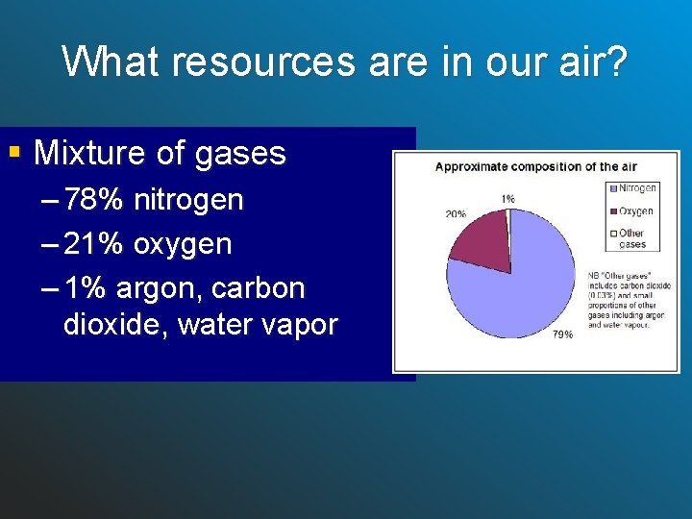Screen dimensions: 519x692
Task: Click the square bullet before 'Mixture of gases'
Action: click(x=13, y=151)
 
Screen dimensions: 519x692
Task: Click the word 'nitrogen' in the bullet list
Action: click(x=188, y=201)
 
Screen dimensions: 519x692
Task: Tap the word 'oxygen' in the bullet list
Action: click(x=183, y=245)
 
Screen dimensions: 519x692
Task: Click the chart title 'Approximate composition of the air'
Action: click(x=526, y=166)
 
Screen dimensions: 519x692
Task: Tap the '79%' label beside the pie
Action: click(x=561, y=334)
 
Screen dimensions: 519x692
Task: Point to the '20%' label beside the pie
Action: click(x=456, y=213)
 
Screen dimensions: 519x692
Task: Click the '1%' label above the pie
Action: click(x=507, y=198)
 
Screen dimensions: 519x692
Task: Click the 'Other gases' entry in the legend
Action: click(x=630, y=238)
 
